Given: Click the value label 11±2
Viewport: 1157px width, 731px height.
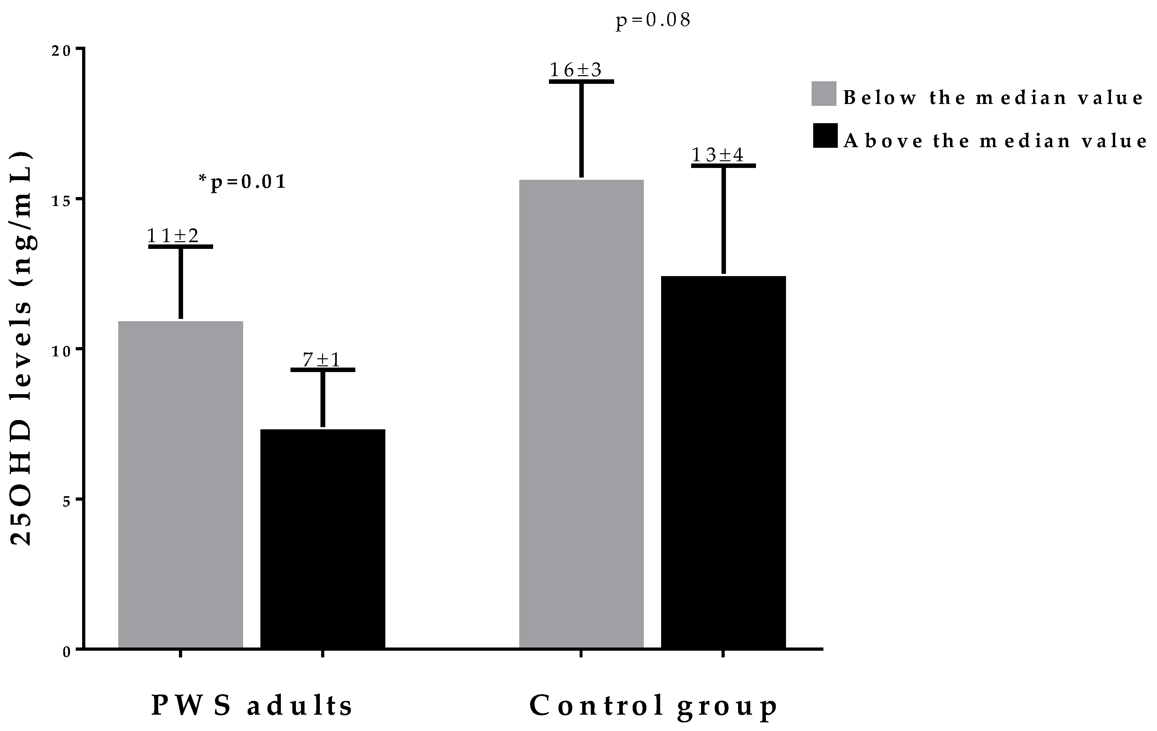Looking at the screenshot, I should (173, 236).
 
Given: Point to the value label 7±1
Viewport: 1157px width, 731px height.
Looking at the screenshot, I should (321, 360).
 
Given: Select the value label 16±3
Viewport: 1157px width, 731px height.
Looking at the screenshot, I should (575, 70).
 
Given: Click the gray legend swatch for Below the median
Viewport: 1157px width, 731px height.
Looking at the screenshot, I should (823, 94).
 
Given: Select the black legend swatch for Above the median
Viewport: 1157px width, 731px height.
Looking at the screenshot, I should (825, 136).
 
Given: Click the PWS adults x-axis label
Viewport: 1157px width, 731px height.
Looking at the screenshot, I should (252, 706).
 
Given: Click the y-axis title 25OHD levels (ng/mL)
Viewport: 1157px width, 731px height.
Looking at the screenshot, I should (22, 349).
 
